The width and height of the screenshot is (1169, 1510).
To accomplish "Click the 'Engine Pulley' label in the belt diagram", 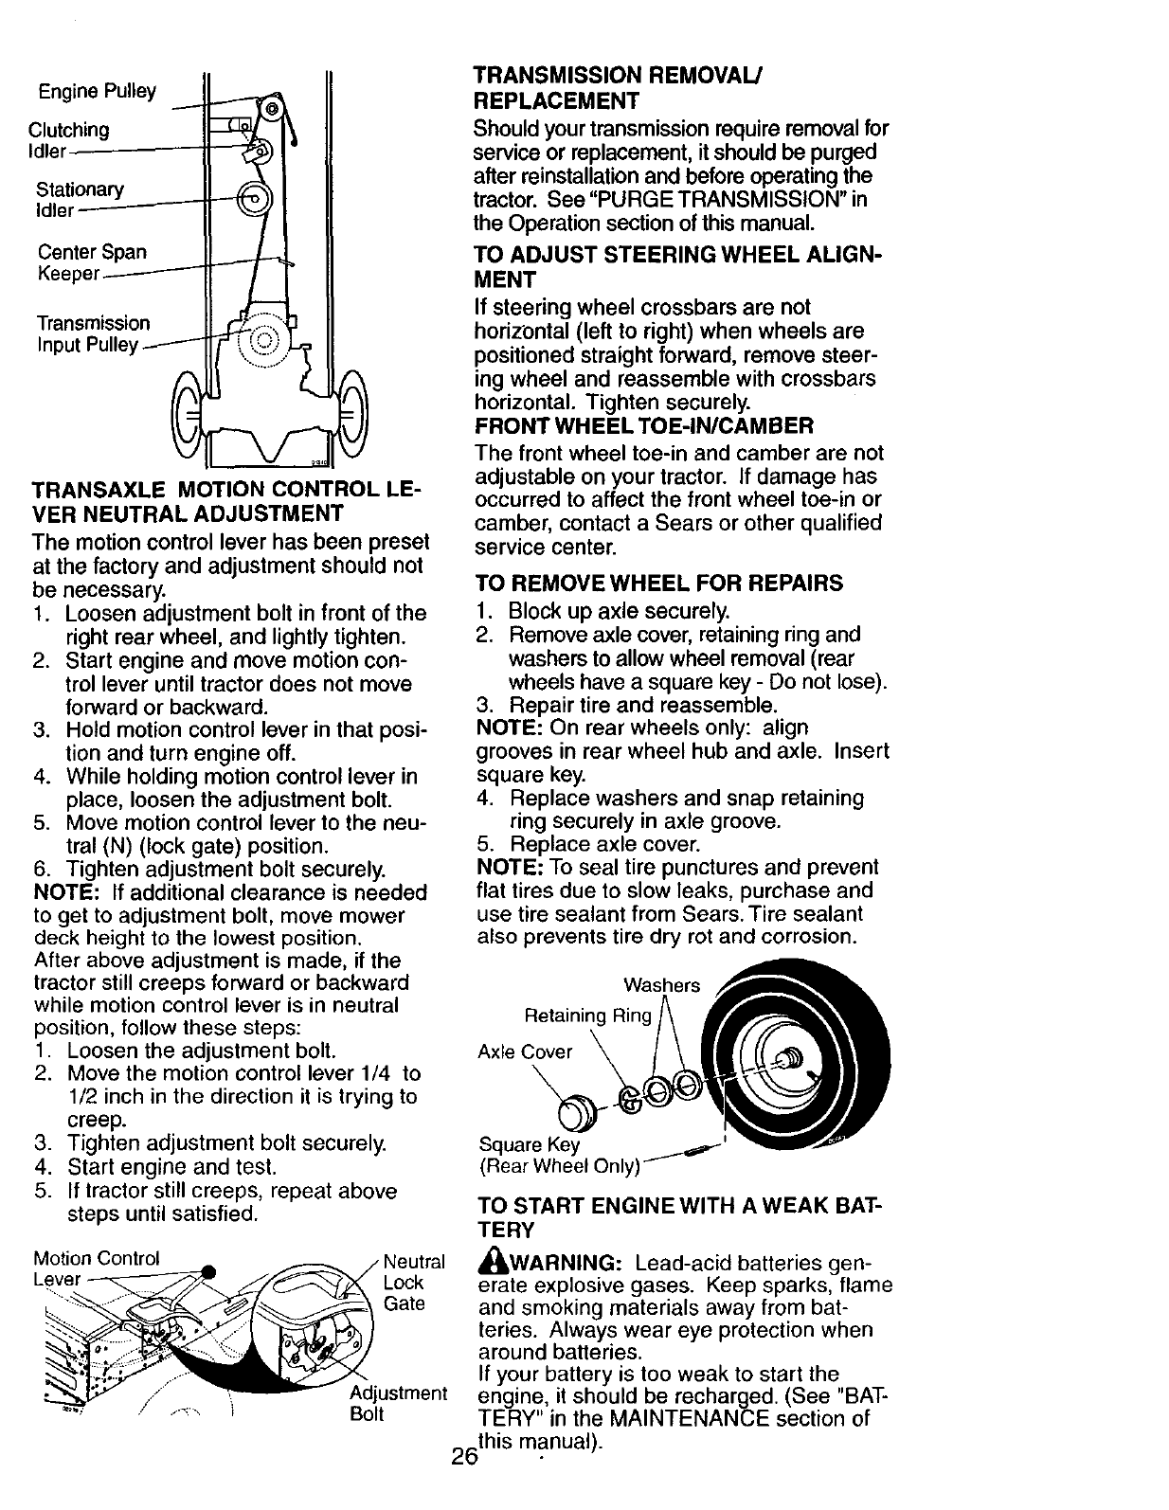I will [97, 91].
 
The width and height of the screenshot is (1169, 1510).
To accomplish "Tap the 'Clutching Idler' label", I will [68, 139].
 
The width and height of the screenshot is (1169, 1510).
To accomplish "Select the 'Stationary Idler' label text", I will [80, 199].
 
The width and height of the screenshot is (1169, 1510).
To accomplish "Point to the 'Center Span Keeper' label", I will [91, 262].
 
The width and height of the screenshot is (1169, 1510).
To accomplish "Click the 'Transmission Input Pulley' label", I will [93, 333].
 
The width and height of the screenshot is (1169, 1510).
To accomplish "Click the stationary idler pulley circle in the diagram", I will [254, 200].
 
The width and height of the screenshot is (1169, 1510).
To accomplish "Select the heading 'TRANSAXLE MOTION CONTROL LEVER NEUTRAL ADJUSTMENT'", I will [226, 501].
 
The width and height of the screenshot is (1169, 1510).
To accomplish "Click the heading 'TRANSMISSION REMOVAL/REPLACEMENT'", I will [620, 87].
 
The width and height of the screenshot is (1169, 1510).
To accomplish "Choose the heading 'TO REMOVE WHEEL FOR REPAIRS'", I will [660, 583].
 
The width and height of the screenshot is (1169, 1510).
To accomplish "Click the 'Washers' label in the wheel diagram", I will [661, 985].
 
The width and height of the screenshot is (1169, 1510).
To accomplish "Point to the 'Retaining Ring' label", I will [588, 1016].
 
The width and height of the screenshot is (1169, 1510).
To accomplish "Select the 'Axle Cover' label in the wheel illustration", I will [525, 1052].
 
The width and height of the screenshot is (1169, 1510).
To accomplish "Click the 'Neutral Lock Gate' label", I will [413, 1283].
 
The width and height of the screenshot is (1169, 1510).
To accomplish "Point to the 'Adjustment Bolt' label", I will [398, 1404].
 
